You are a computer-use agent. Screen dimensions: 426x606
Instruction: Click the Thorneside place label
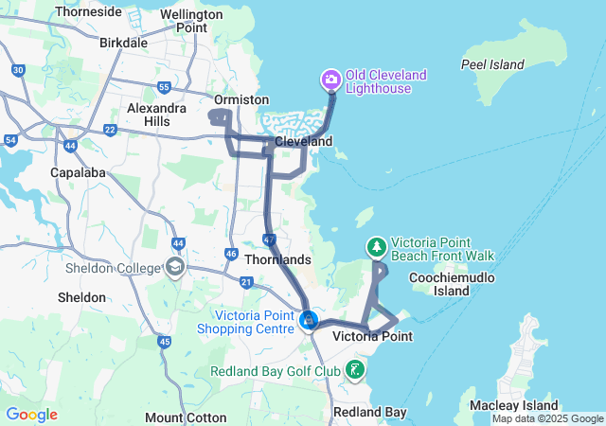(x=88, y=12)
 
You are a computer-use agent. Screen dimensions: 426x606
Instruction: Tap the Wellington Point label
(x=184, y=21)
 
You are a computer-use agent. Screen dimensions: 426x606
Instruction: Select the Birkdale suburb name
(x=123, y=43)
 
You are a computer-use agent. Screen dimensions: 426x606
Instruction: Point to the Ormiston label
(x=241, y=99)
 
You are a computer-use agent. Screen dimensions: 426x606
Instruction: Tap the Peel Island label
(x=492, y=64)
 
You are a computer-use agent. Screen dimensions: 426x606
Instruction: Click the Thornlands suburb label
(x=276, y=258)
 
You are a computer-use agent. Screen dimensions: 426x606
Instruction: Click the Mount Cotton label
(x=186, y=417)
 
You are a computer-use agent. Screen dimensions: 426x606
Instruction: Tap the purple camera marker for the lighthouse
(x=331, y=78)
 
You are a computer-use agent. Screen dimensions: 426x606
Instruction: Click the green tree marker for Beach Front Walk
(x=377, y=246)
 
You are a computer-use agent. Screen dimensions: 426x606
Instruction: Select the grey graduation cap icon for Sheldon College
(x=175, y=268)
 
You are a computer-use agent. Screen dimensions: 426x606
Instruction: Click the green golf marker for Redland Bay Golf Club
(x=355, y=369)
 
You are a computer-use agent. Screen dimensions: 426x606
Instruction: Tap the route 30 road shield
(x=18, y=70)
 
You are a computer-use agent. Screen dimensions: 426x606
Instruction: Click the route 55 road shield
(x=164, y=88)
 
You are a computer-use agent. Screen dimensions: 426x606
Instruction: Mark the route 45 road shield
(x=165, y=342)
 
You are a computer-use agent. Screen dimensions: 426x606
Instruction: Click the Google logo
(x=31, y=414)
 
